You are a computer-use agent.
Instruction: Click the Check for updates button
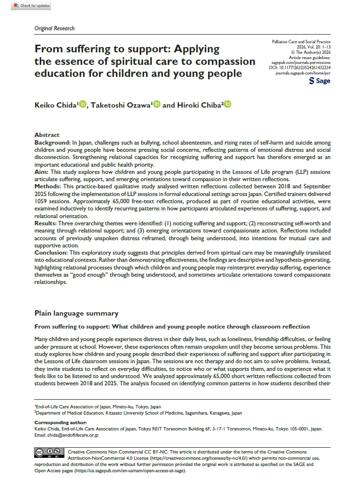(x=31, y=6)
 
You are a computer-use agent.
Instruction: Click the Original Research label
(x=54, y=28)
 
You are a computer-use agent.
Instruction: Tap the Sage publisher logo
(x=320, y=81)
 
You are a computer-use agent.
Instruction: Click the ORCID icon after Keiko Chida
(x=83, y=105)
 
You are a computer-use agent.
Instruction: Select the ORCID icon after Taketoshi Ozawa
(x=157, y=105)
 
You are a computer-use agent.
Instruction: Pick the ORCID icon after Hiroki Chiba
(x=227, y=105)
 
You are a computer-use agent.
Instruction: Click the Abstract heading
(x=47, y=135)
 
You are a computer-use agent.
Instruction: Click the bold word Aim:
(x=41, y=172)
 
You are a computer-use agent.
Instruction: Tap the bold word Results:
(x=47, y=224)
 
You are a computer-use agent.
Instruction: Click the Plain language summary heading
(x=76, y=313)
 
